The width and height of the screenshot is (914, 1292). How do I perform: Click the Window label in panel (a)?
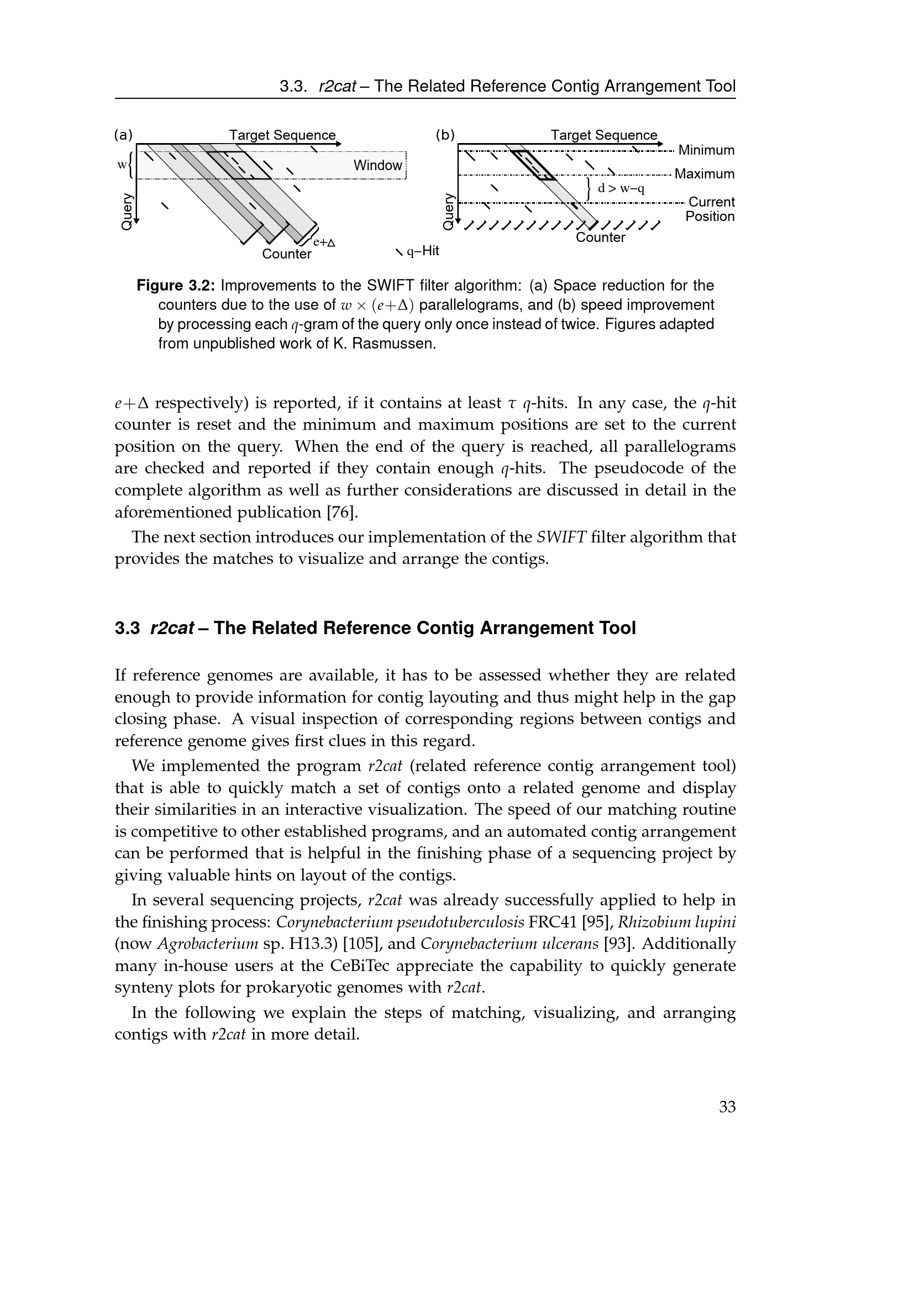click(x=377, y=166)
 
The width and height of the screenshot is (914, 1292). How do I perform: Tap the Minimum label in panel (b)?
click(x=706, y=150)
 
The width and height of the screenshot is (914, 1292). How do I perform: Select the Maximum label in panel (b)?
click(x=704, y=174)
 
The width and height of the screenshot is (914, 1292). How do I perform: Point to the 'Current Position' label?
click(x=710, y=209)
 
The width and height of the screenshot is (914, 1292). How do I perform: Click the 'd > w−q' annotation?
click(x=620, y=188)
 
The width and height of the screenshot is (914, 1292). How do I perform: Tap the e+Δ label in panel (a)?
click(x=324, y=242)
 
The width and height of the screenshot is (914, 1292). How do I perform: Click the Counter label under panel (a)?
click(x=286, y=254)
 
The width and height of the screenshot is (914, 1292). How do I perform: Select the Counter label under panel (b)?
click(x=600, y=238)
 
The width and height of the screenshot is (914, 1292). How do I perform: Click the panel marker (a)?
click(x=123, y=135)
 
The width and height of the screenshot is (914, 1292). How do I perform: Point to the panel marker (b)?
click(x=445, y=135)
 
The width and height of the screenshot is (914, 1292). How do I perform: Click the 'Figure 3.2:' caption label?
click(x=176, y=286)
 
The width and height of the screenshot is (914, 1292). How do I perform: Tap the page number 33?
click(x=727, y=1107)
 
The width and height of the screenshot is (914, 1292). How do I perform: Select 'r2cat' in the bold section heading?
click(x=172, y=628)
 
